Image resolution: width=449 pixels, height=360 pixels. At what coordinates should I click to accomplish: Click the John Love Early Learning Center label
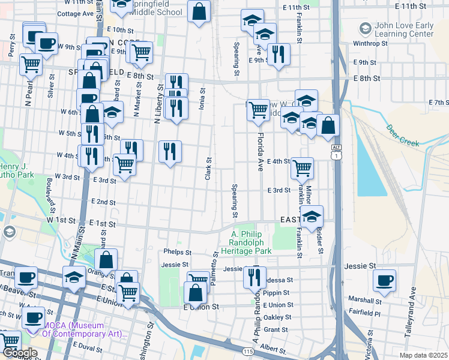click(403, 30)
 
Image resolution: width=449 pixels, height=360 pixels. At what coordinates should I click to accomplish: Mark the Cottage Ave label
click(76, 13)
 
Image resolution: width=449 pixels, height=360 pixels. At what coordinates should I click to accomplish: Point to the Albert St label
click(273, 348)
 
